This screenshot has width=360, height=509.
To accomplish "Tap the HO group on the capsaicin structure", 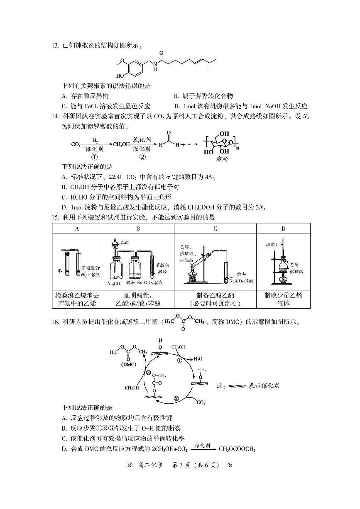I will [x=120, y=76].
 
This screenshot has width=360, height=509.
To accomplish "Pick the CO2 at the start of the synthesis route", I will [x=76, y=144].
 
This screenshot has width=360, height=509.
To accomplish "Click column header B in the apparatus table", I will [x=137, y=229].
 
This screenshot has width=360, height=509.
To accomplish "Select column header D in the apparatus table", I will [x=283, y=229].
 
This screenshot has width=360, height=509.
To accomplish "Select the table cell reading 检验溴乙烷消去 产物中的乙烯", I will [x=77, y=300].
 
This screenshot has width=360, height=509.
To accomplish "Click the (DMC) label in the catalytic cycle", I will [x=128, y=364].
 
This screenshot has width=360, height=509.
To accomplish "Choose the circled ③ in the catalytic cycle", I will [x=148, y=373].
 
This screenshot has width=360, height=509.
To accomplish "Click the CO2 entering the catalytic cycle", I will [x=201, y=402].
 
